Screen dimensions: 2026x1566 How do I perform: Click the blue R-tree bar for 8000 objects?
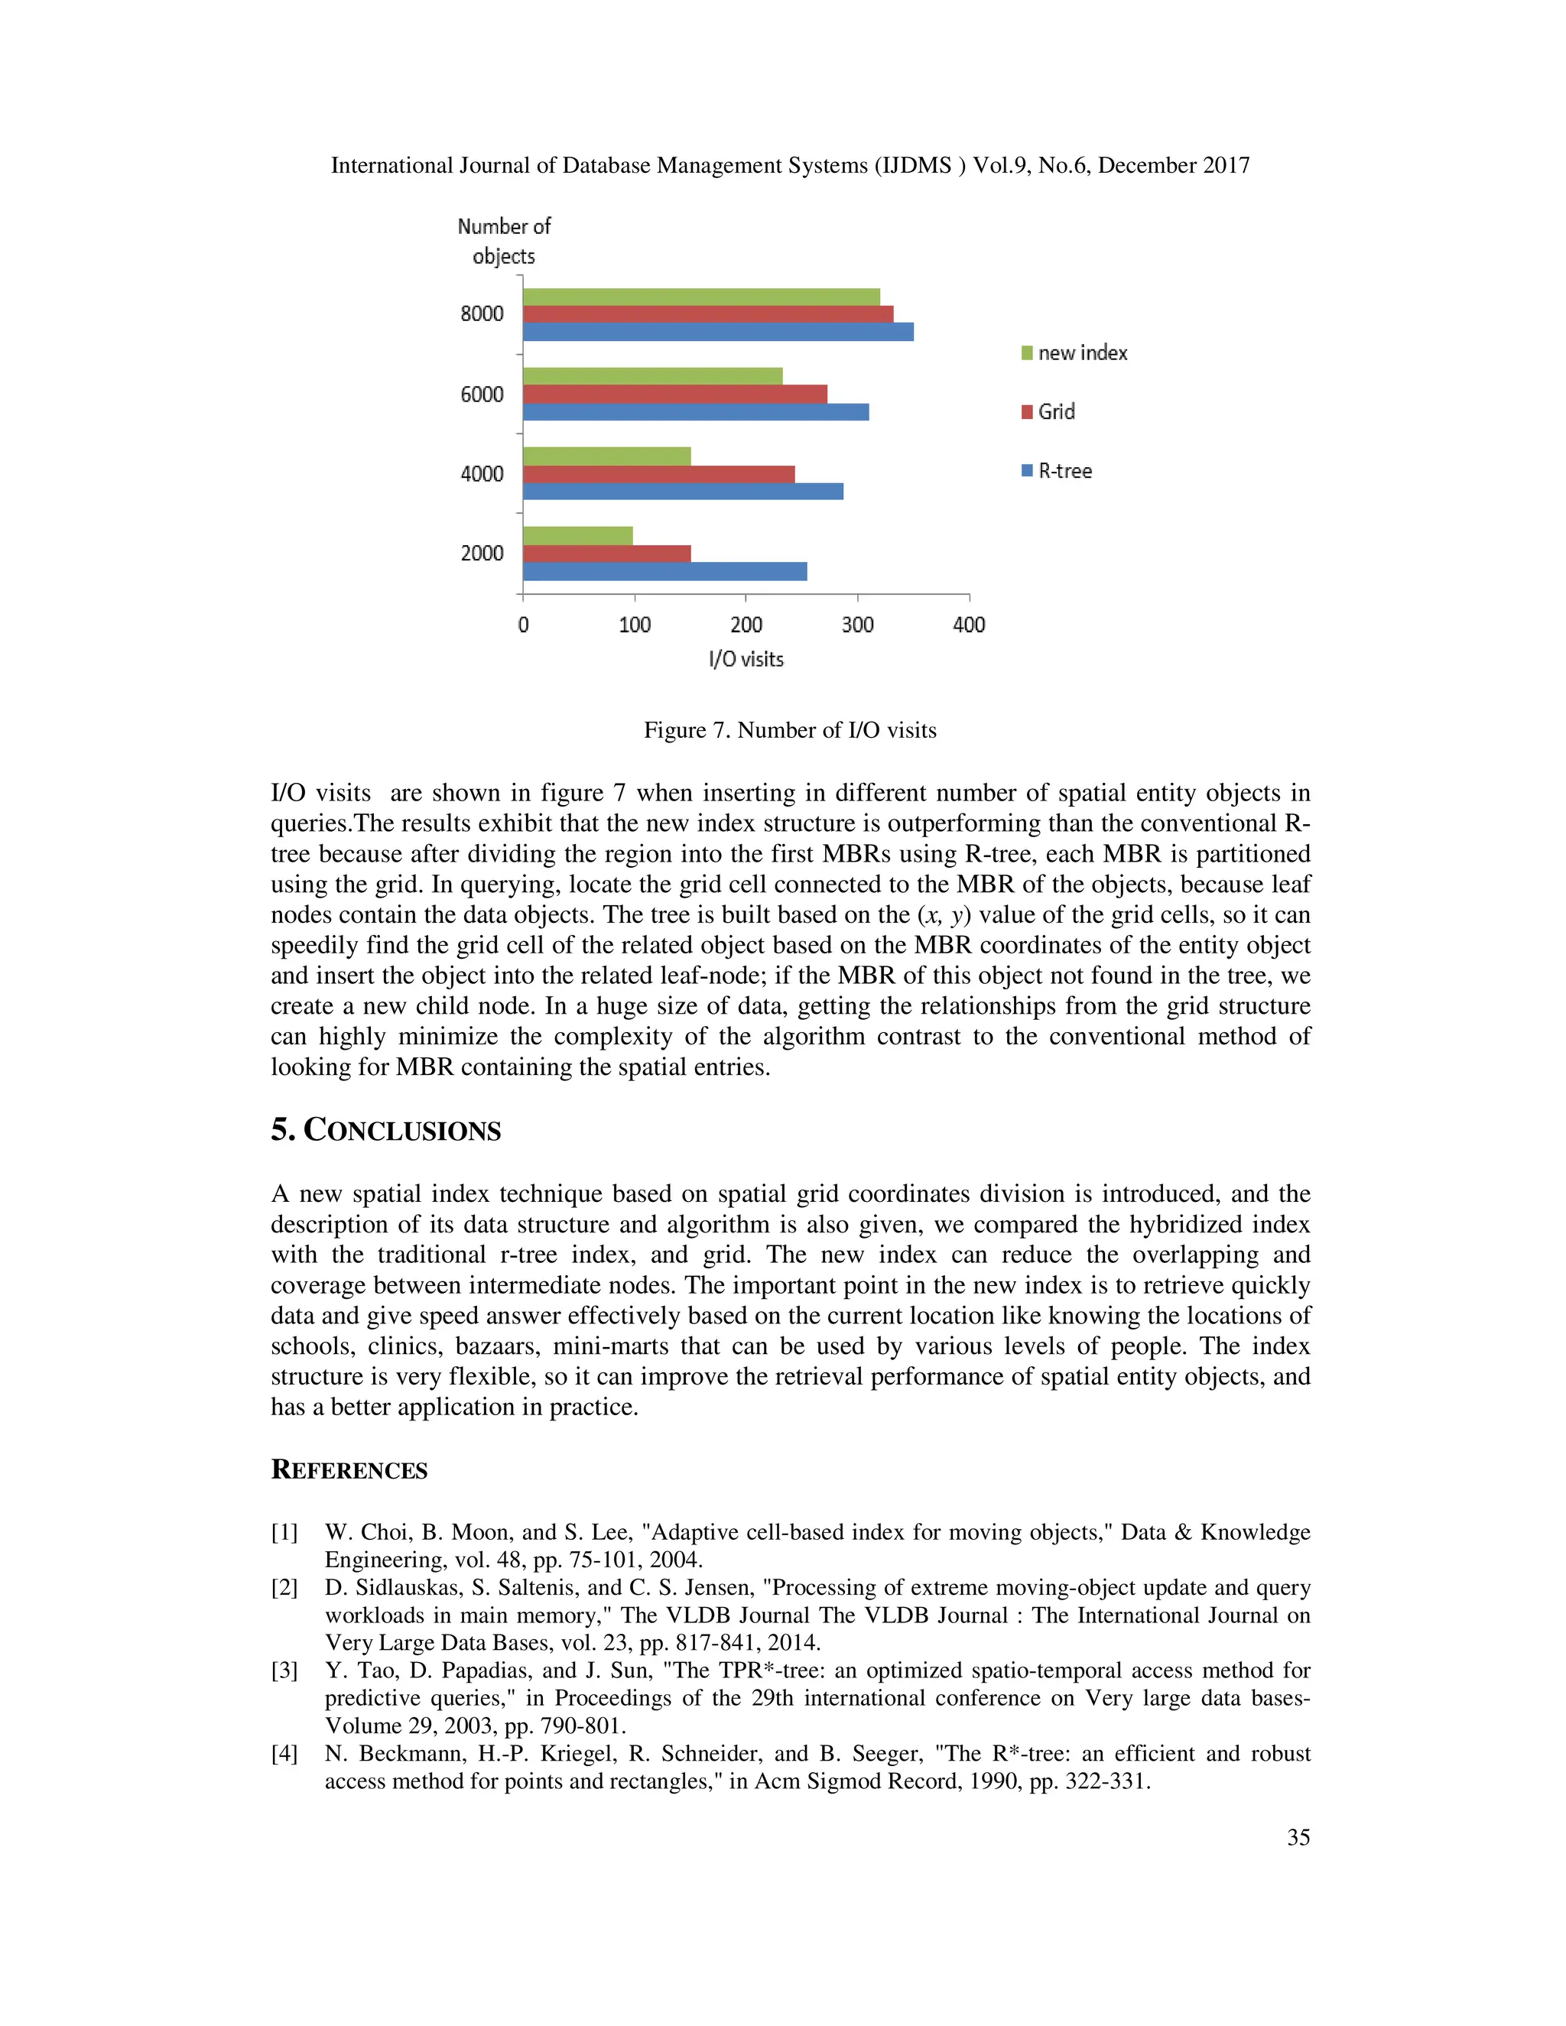click(718, 331)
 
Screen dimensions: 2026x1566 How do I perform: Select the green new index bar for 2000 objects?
click(578, 535)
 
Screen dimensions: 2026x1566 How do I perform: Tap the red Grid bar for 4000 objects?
click(658, 474)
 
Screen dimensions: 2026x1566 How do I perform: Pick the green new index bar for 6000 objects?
click(652, 375)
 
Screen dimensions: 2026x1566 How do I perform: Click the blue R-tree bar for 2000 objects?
click(664, 571)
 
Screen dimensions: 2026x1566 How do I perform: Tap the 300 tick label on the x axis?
click(857, 625)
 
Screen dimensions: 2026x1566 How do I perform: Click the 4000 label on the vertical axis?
click(482, 474)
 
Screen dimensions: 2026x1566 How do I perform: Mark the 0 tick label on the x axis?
click(523, 625)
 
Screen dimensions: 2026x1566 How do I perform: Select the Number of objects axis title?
click(504, 241)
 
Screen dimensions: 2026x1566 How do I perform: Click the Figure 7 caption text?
click(789, 730)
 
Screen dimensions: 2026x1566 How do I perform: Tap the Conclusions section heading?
click(386, 1130)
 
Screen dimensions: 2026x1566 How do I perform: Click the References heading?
click(349, 1469)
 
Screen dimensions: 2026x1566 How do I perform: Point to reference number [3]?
click(284, 1670)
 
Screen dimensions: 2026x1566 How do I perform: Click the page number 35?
click(1298, 1836)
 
